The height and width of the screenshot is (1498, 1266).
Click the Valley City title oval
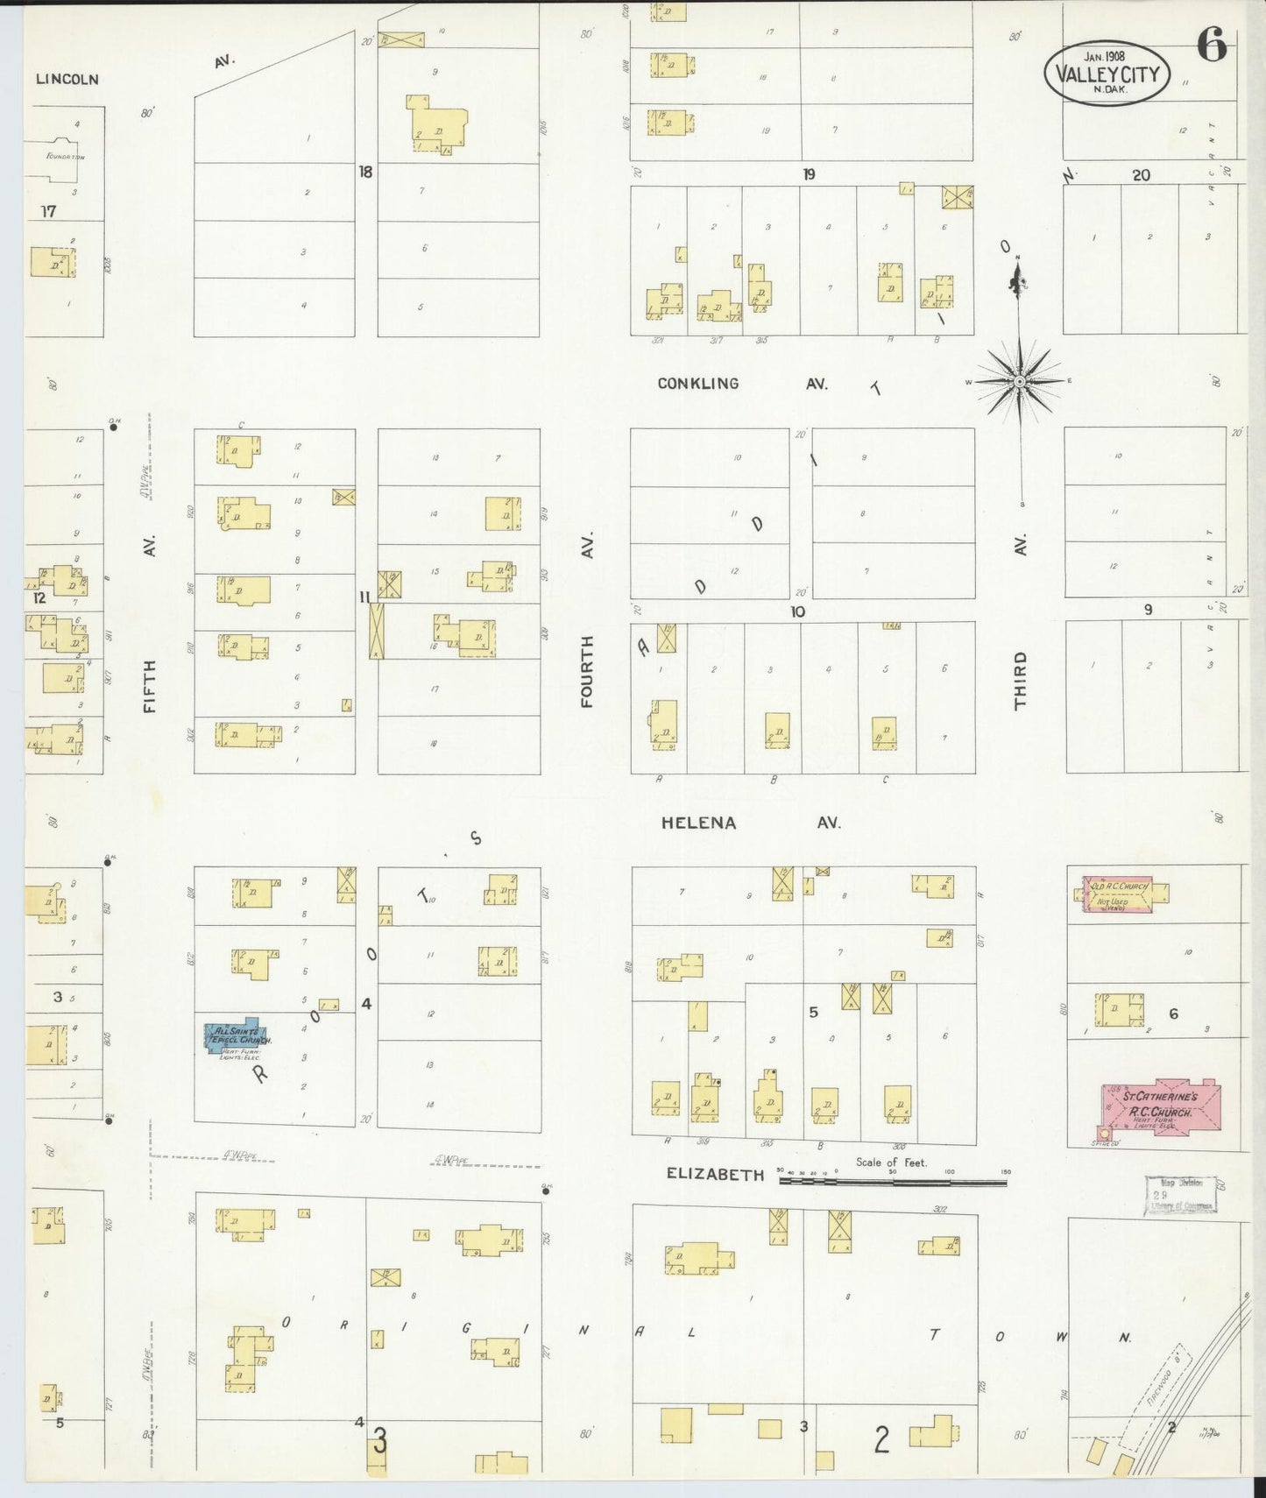click(x=1107, y=74)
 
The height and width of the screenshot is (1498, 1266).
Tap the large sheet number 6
click(x=1211, y=46)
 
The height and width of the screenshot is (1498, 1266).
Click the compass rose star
click(x=1019, y=382)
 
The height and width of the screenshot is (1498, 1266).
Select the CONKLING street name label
click(x=698, y=384)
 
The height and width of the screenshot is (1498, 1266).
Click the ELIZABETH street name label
click(x=715, y=1175)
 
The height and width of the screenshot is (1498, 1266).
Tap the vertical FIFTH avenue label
click(x=150, y=686)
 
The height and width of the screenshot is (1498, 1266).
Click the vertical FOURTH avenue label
click(x=586, y=671)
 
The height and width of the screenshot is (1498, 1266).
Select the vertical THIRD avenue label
click(x=1020, y=680)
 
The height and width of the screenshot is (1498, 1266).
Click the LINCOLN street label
click(x=67, y=79)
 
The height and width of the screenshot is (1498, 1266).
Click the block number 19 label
click(x=809, y=174)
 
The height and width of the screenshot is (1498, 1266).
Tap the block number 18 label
click(x=364, y=172)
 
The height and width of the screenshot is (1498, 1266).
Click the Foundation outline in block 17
click(x=60, y=159)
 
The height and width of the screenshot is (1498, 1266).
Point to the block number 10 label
click(x=796, y=611)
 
